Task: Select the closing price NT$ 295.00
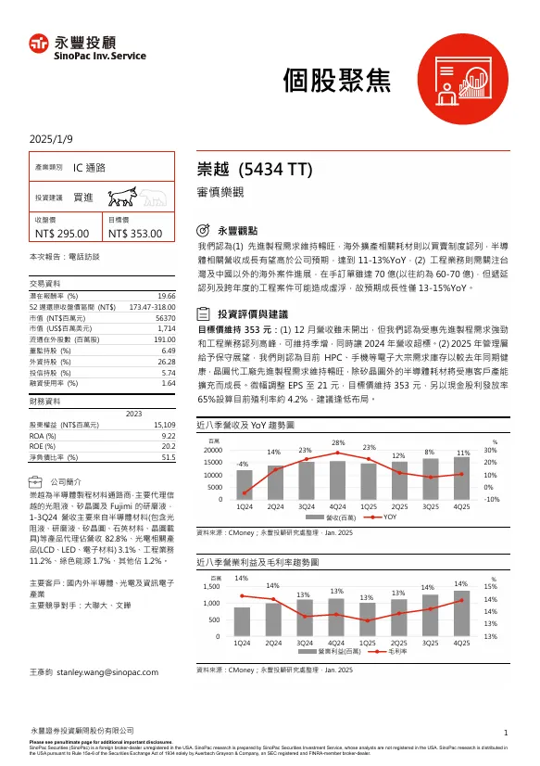pyautogui.click(x=62, y=235)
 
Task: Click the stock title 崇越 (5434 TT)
pyautogui.click(x=257, y=170)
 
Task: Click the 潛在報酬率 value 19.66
pyautogui.click(x=167, y=295)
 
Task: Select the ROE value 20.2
pyautogui.click(x=169, y=445)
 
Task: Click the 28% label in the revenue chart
pyautogui.click(x=338, y=443)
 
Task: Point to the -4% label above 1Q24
pyautogui.click(x=243, y=463)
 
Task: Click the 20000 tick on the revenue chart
pyautogui.click(x=213, y=450)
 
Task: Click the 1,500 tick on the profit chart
pyautogui.click(x=212, y=587)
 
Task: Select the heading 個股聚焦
pyautogui.click(x=349, y=81)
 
